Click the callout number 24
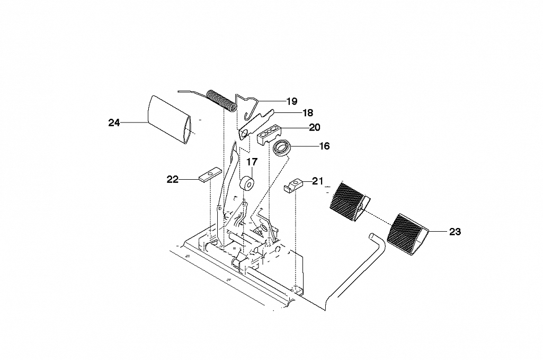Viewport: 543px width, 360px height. pos(114,122)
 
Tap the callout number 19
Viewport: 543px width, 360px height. pos(292,101)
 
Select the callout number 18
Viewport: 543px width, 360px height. pos(308,112)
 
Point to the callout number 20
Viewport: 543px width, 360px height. pos(315,127)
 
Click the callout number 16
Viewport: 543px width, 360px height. pos(324,146)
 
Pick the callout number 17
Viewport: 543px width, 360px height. pos(252,162)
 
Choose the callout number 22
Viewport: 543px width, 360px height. pos(173,180)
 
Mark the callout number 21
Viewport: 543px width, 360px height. pos(317,181)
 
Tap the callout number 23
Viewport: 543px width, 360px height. pos(455,232)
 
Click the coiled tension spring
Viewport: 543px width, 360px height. pos(221,100)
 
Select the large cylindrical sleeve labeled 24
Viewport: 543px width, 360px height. pos(170,119)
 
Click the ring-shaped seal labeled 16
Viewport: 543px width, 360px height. pos(281,148)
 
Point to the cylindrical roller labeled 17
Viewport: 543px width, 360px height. pos(247,184)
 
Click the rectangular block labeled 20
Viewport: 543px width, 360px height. pos(270,135)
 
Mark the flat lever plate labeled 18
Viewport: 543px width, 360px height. pos(256,124)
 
